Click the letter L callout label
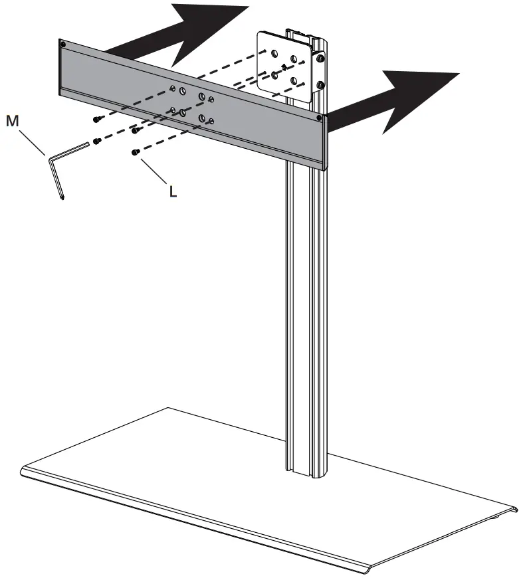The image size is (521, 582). [172, 191]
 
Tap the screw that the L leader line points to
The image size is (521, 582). [136, 152]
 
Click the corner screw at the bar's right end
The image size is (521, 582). [320, 118]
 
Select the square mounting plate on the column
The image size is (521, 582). [285, 66]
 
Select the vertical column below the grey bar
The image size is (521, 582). [308, 299]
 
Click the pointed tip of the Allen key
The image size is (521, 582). [62, 197]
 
